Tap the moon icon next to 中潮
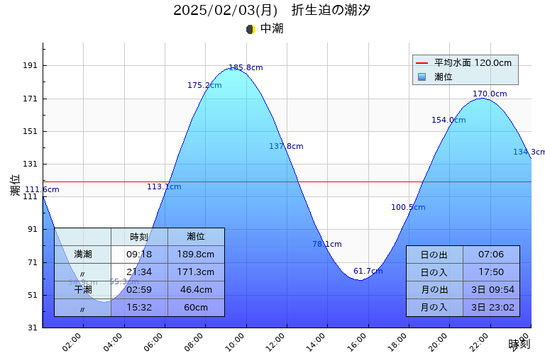251,29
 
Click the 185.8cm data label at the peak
246,68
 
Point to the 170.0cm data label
490,94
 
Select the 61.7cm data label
368,272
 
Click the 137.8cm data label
286,147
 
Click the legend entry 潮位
444,77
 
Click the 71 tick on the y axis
31,262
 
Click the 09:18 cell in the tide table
139,255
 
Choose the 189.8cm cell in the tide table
196,255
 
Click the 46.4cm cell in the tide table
196,290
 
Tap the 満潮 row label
82,255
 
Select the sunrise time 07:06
491,255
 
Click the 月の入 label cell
434,308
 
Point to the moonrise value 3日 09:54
491,290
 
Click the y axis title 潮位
15,186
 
